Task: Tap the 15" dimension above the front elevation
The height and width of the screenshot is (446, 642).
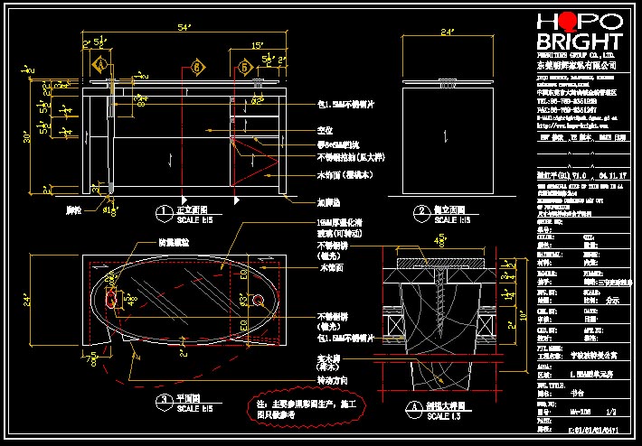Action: click(258, 44)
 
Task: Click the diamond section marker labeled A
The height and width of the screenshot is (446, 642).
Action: click(101, 66)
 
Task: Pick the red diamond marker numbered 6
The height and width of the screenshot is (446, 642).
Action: click(197, 66)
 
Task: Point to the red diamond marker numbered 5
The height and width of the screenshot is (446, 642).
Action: click(244, 66)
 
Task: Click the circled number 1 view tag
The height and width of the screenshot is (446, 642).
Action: click(164, 214)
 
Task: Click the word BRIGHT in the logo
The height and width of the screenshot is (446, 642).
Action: click(579, 42)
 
